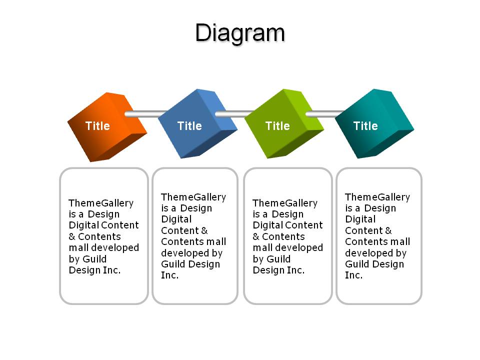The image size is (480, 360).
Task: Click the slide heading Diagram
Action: [x=240, y=33]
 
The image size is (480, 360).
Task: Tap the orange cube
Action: [x=107, y=127]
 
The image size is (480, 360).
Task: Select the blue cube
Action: [x=197, y=123]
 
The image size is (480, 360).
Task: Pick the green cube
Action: [x=284, y=123]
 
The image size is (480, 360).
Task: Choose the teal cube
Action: [x=374, y=123]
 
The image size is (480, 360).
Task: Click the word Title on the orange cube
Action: [x=97, y=126]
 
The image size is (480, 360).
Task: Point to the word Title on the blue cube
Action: [x=189, y=126]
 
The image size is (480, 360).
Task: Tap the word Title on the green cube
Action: [x=277, y=126]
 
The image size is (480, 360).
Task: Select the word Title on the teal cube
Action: [x=365, y=126]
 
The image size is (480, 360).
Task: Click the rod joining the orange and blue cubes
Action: [x=145, y=114]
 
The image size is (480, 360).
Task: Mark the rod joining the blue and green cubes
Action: [x=234, y=114]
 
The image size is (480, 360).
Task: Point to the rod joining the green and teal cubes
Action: [x=325, y=114]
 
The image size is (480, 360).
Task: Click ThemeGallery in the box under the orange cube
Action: [x=101, y=203]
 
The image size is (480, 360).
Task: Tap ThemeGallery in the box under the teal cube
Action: [x=377, y=197]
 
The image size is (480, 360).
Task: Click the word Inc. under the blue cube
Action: [x=170, y=275]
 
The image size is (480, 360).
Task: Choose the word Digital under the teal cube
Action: [x=360, y=219]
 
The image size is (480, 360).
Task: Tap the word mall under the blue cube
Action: [x=216, y=241]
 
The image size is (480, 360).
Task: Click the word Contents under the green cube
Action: [x=283, y=236]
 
